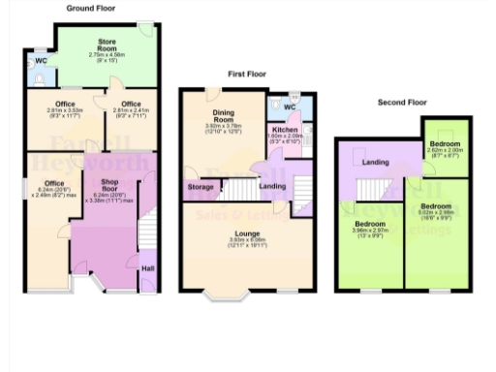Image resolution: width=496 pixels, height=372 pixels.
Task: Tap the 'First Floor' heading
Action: pyautogui.click(x=248, y=75)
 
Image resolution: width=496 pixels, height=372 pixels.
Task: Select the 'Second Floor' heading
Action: pyautogui.click(x=401, y=102)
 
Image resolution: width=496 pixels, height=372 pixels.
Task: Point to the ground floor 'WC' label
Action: pyautogui.click(x=41, y=61)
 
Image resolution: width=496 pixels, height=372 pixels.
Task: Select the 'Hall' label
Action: pyautogui.click(x=147, y=268)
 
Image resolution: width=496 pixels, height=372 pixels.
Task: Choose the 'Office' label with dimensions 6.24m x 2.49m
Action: pyautogui.click(x=53, y=183)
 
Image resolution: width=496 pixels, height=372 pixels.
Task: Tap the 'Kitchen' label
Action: pyautogui.click(x=284, y=130)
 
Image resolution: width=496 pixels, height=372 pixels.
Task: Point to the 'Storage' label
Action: pyautogui.click(x=201, y=187)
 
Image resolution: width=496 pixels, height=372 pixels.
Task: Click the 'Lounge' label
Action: pyautogui.click(x=246, y=232)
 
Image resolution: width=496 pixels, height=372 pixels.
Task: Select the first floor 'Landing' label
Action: pyautogui.click(x=272, y=173)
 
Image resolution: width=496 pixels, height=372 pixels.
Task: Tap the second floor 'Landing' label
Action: pyautogui.click(x=376, y=163)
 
